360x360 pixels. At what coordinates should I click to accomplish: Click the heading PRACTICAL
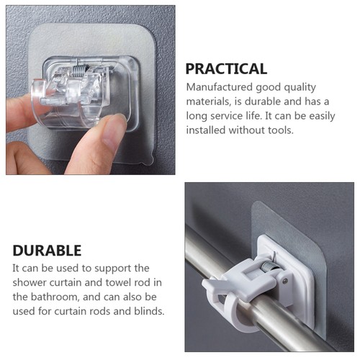point(226,69)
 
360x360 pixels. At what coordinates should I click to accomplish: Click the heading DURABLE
point(47,251)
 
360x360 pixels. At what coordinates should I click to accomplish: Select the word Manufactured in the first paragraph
point(221,87)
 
